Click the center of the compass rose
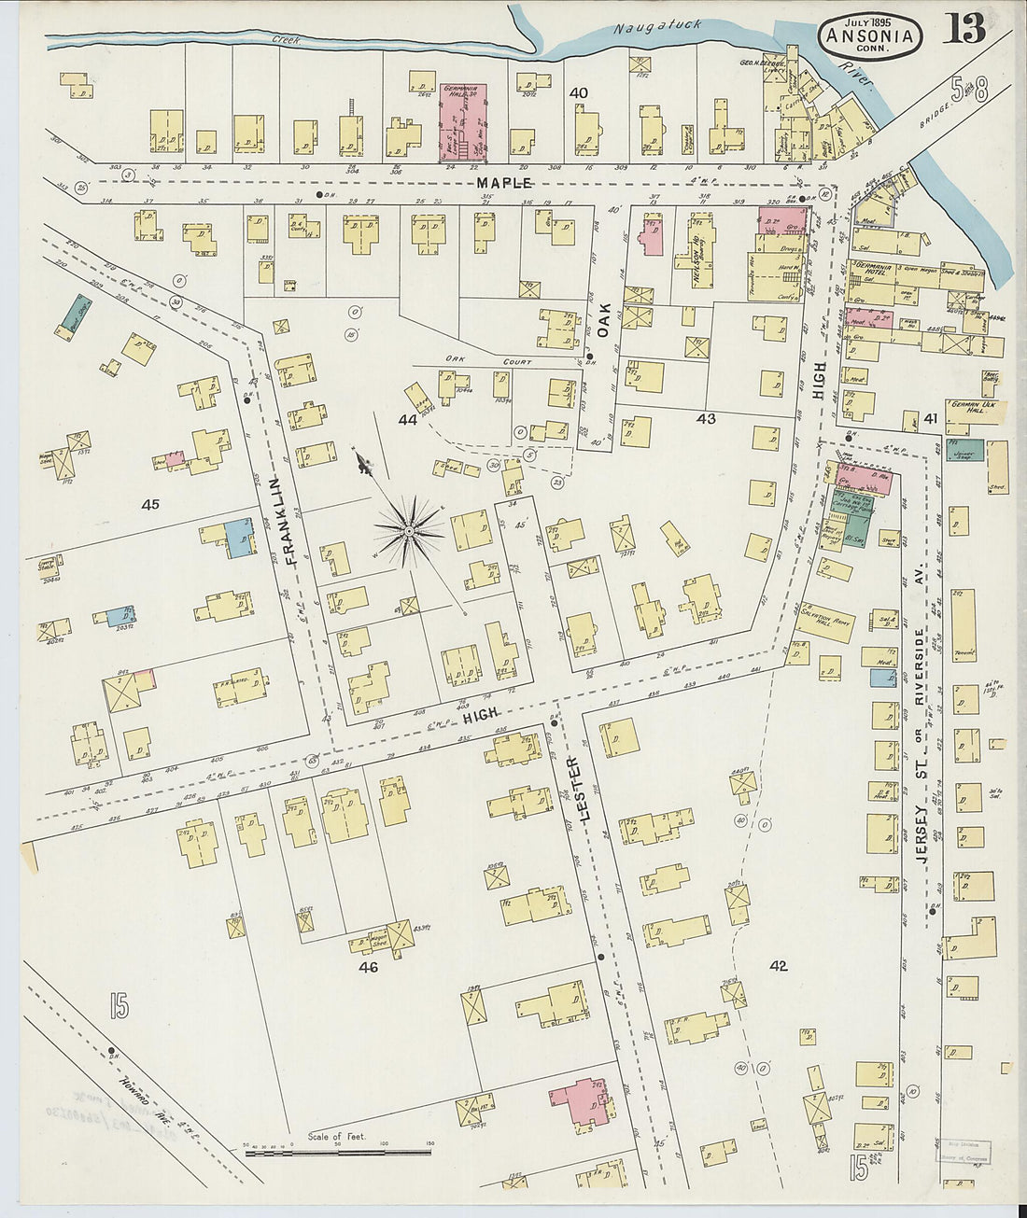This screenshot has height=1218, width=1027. (x=408, y=531)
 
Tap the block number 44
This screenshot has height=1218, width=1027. (x=407, y=420)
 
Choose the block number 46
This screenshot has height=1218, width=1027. (x=368, y=968)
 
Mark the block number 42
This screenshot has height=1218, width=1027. (x=778, y=966)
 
